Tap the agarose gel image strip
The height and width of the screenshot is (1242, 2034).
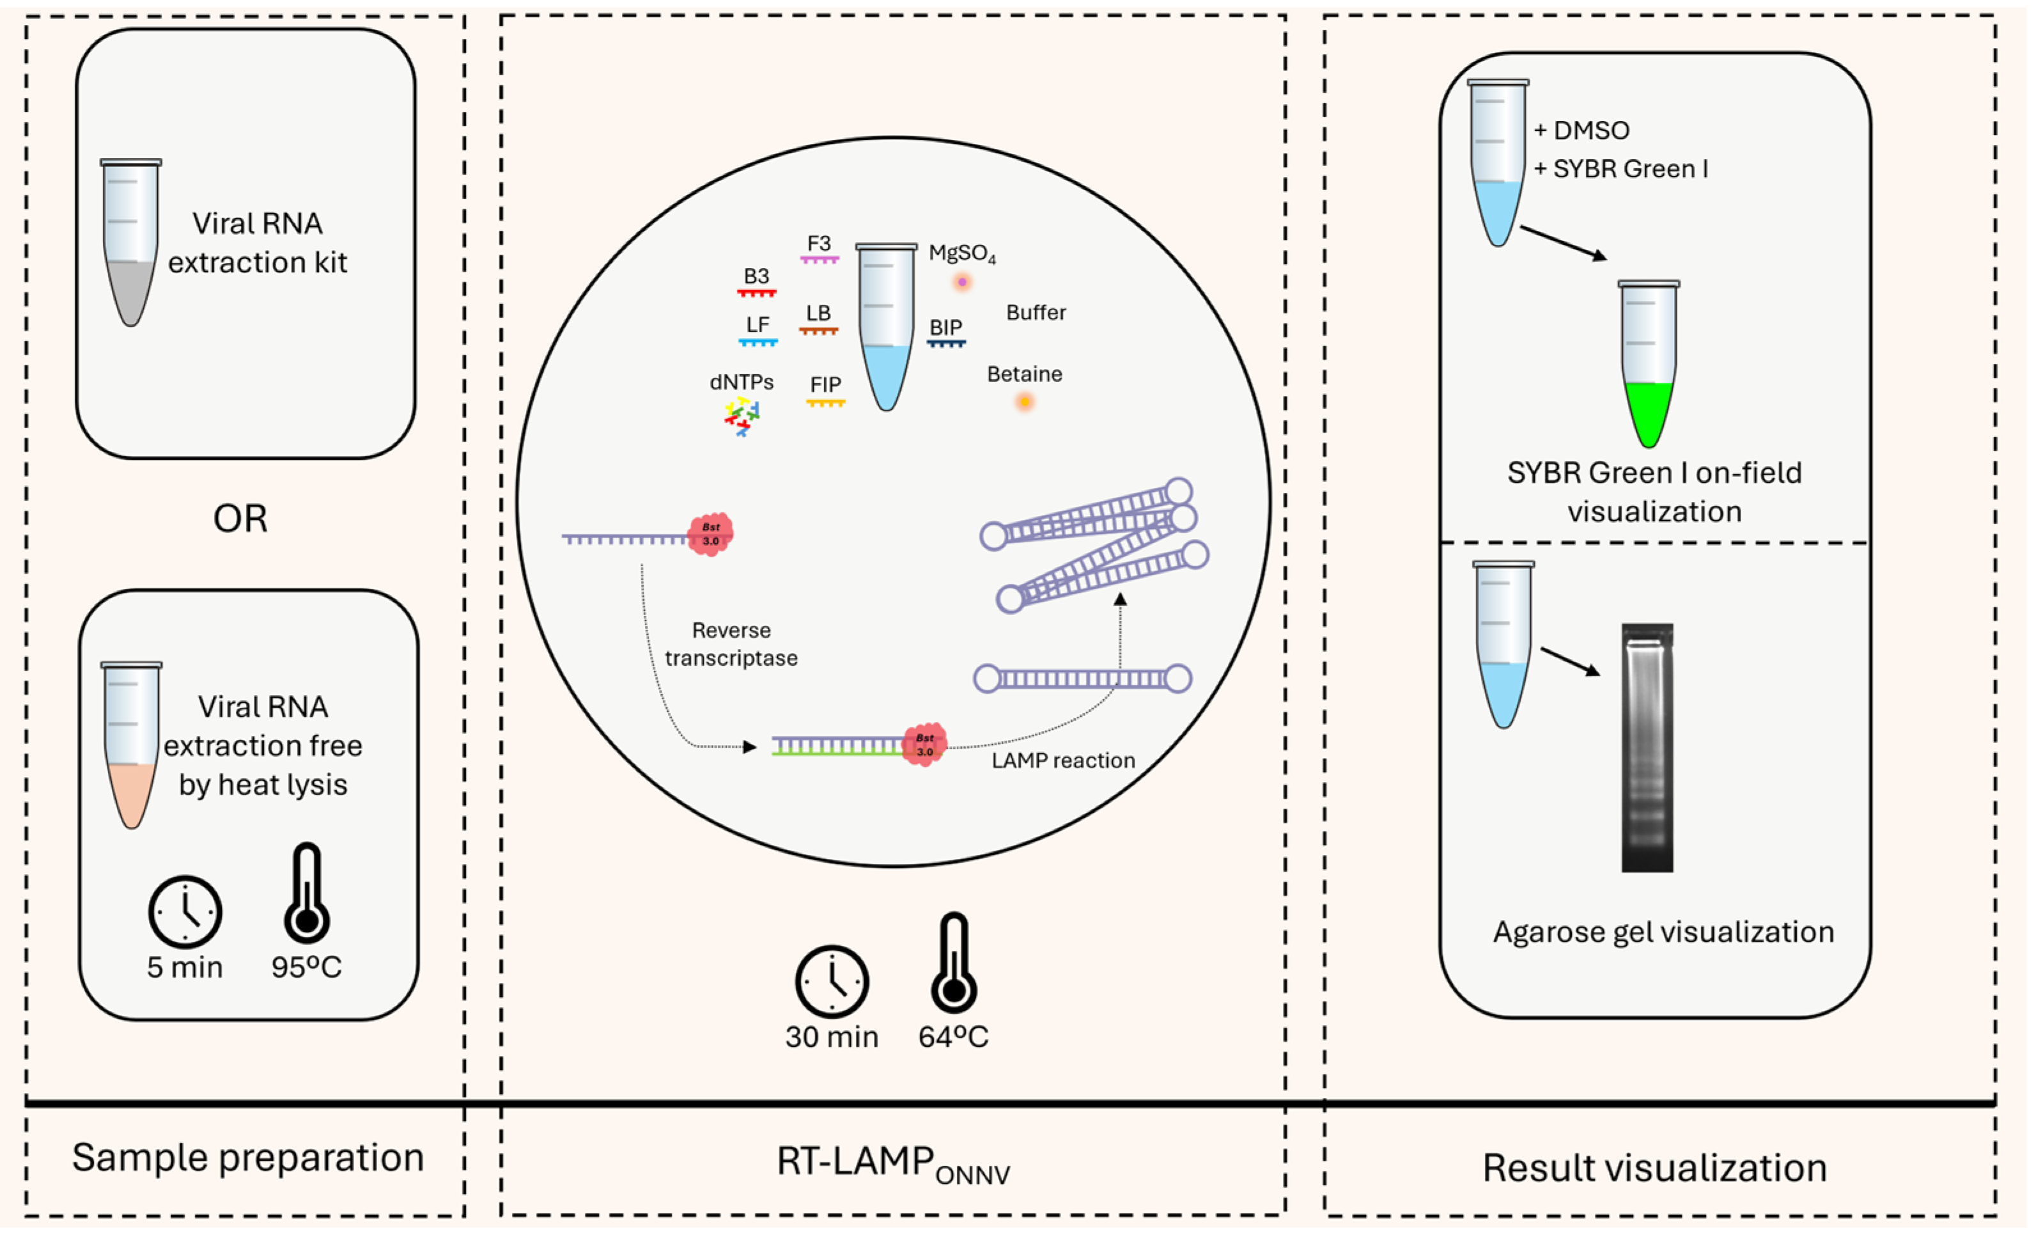click(1646, 748)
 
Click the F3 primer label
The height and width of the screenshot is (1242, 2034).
click(819, 244)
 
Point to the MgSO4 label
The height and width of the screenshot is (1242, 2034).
click(961, 253)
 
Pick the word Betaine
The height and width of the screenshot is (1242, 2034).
click(1025, 374)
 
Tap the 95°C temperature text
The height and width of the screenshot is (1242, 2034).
click(306, 967)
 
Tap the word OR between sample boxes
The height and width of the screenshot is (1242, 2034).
click(240, 519)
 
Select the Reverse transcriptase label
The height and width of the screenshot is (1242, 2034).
click(731, 644)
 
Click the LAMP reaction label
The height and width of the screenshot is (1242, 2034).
click(1063, 760)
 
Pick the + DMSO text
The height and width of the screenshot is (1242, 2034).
click(1581, 130)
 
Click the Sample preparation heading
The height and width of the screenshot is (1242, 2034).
click(247, 1157)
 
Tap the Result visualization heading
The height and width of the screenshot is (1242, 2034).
click(1654, 1168)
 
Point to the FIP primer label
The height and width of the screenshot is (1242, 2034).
click(825, 385)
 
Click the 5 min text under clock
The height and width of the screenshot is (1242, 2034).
click(185, 967)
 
